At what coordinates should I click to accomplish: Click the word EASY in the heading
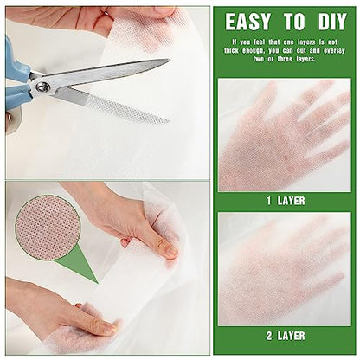point(247,22)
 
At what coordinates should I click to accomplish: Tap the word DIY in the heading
point(332,22)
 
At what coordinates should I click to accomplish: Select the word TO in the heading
point(294,22)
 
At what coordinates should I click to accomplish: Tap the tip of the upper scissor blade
point(170,60)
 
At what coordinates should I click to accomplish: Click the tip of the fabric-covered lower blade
point(169,122)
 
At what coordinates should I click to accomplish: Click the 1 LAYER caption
point(286,201)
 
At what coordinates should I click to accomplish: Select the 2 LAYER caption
point(286,336)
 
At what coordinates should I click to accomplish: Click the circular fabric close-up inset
point(48,227)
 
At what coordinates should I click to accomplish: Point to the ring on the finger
point(106,12)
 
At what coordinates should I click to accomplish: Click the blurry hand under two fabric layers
point(283,268)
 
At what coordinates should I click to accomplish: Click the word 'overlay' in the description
point(334,51)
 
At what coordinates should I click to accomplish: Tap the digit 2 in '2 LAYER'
point(269,336)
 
